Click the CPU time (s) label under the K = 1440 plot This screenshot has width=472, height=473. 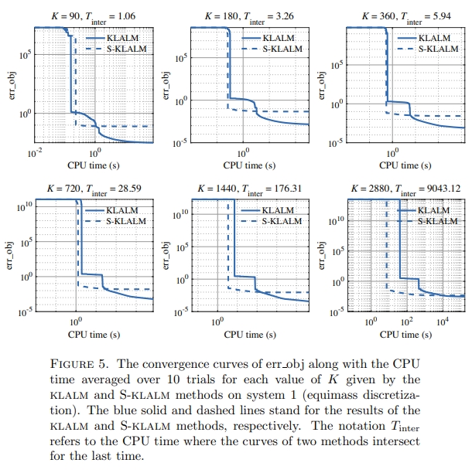click(x=250, y=335)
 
